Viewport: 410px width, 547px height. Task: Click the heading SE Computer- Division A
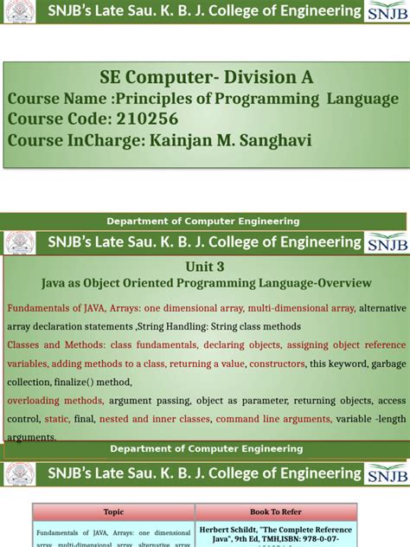tap(205, 78)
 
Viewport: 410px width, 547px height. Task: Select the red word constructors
tap(276, 363)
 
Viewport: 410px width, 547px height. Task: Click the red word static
tap(57, 419)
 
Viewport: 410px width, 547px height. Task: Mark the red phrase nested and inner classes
tap(154, 419)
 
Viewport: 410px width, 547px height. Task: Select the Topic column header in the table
tap(113, 512)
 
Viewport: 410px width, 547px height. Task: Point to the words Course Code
tap(59, 119)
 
